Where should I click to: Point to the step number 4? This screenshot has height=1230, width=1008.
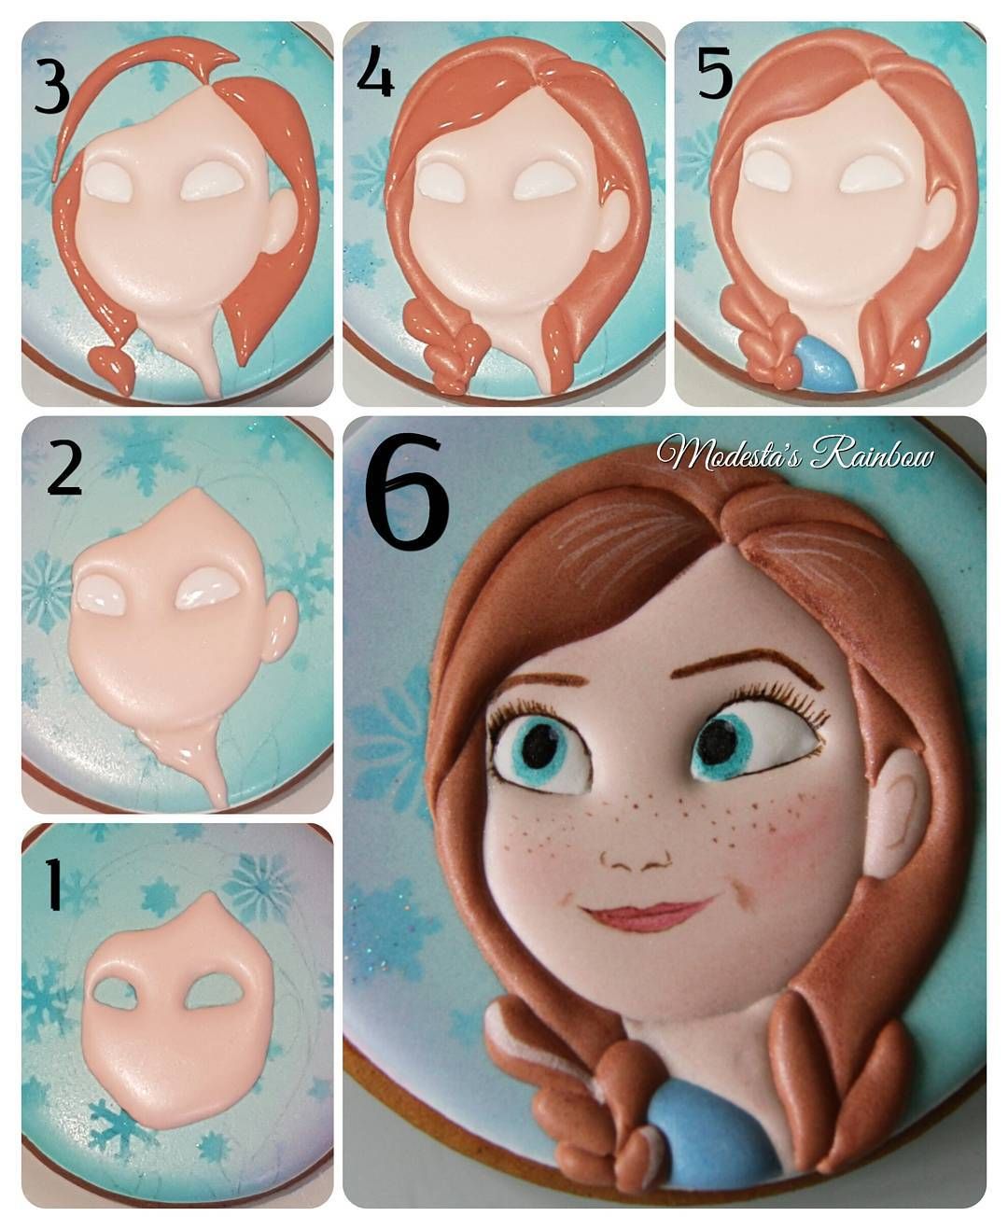pos(375,72)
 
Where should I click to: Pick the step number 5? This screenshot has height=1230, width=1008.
pos(715,72)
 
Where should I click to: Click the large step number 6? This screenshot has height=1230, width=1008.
pos(407,492)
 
